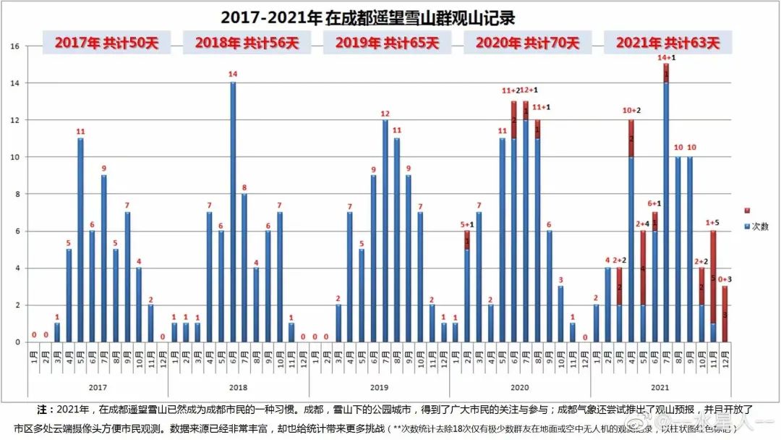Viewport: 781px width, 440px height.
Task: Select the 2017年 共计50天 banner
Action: [107, 43]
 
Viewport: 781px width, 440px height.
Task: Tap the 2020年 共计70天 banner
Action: [527, 43]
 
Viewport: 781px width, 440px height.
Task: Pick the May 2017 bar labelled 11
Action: [80, 240]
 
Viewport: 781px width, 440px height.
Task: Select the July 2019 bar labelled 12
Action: [385, 230]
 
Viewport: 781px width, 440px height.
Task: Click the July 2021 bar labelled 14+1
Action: [666, 203]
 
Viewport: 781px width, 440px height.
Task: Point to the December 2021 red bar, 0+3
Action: [725, 314]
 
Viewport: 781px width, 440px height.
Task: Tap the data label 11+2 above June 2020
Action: [511, 91]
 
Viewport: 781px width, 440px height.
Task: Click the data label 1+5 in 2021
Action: [712, 222]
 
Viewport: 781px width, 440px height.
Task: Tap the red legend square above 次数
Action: [746, 210]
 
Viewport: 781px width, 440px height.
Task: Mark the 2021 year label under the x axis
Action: [660, 387]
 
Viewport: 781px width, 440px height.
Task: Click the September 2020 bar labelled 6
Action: [550, 286]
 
